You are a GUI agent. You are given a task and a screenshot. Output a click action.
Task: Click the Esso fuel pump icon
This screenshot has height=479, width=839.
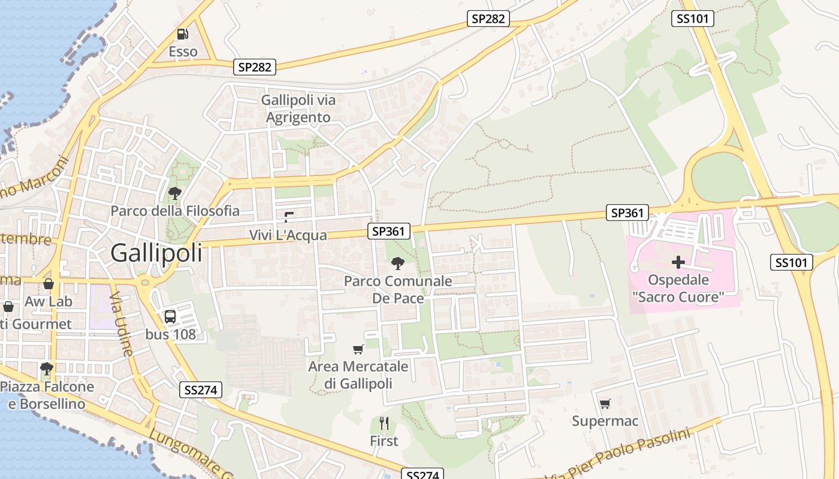tap(183, 34)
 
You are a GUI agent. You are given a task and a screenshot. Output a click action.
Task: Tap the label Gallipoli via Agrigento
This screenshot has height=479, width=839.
tap(298, 108)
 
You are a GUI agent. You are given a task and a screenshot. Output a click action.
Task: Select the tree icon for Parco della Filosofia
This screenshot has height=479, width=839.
tap(174, 193)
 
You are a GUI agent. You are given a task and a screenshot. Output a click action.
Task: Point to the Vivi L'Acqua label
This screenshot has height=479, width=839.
tap(288, 235)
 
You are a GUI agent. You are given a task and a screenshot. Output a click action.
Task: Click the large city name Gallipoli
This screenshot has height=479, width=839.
tap(156, 253)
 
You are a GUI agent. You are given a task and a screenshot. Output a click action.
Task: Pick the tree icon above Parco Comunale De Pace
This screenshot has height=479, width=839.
tap(397, 263)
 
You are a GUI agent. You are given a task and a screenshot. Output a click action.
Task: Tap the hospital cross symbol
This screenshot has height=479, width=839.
tap(678, 262)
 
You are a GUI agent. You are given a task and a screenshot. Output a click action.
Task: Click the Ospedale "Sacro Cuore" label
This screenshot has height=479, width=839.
tap(678, 288)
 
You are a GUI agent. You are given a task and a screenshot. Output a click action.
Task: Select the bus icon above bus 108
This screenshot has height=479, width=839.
tap(170, 316)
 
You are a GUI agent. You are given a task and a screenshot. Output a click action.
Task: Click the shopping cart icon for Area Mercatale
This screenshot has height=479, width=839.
tap(358, 349)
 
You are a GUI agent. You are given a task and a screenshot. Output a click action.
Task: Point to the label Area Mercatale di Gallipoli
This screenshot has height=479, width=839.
tap(358, 375)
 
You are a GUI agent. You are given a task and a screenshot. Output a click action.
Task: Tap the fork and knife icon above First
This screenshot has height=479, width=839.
tap(384, 423)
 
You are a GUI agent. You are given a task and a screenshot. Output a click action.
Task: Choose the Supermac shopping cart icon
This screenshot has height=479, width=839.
tap(605, 404)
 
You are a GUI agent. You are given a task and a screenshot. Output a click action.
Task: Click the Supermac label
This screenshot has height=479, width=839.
tap(605, 421)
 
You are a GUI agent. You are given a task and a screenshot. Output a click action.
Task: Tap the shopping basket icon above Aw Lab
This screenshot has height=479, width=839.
tap(48, 283)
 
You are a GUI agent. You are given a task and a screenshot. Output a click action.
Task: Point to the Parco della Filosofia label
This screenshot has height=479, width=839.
tap(175, 211)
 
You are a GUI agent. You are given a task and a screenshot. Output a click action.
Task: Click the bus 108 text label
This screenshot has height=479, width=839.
tap(171, 334)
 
